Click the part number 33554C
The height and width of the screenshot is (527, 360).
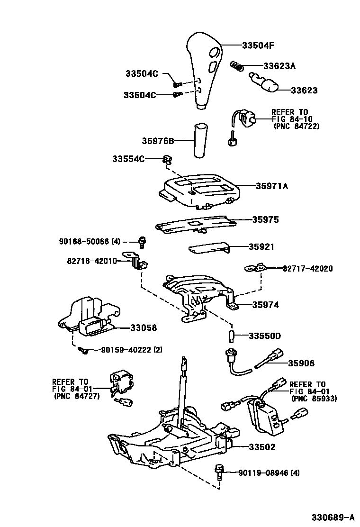(128, 159)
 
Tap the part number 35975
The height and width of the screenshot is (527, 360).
(265, 220)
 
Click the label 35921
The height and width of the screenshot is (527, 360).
(261, 247)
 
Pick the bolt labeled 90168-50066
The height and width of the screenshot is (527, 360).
(141, 242)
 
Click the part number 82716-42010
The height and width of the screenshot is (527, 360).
(92, 261)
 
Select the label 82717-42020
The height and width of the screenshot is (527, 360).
(307, 268)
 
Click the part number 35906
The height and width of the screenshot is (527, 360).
(301, 363)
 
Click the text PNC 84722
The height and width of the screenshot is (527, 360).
(297, 126)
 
